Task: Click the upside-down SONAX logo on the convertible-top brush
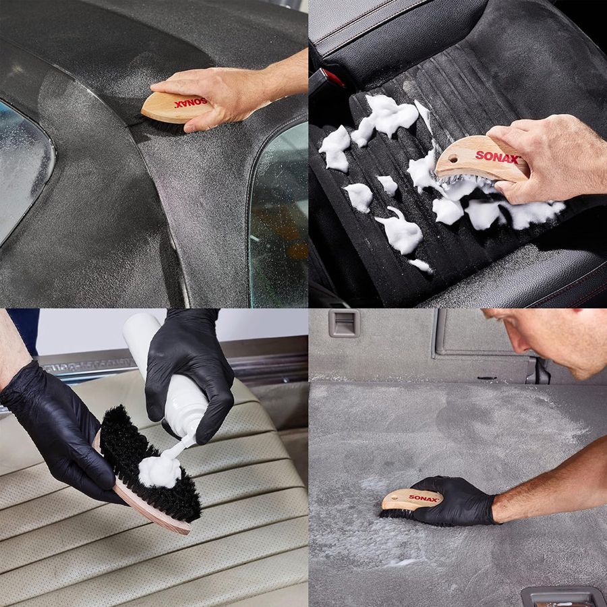[x=191, y=103]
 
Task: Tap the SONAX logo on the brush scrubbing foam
[x=497, y=157]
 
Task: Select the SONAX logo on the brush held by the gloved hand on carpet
[x=423, y=498]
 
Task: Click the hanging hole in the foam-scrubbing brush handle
[x=453, y=158]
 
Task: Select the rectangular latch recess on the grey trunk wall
[x=344, y=323]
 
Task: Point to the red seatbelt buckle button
[x=333, y=78]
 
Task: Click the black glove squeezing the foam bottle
[x=190, y=372]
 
